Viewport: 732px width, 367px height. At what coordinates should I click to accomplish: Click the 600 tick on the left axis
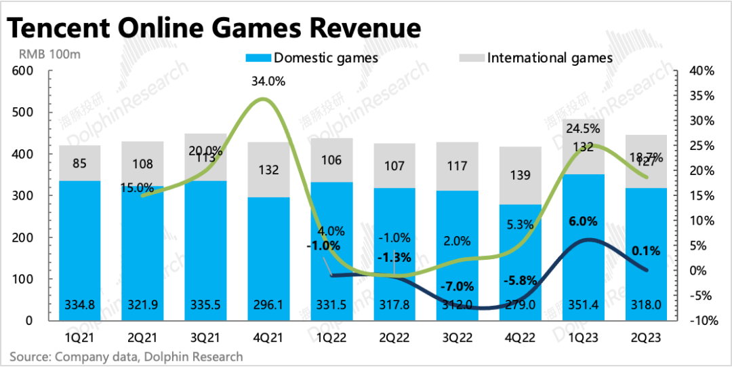pos(22,71)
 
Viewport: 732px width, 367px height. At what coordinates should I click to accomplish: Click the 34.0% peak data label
pos(268,82)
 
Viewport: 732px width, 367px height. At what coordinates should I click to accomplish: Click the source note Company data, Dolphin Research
pos(125,356)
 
